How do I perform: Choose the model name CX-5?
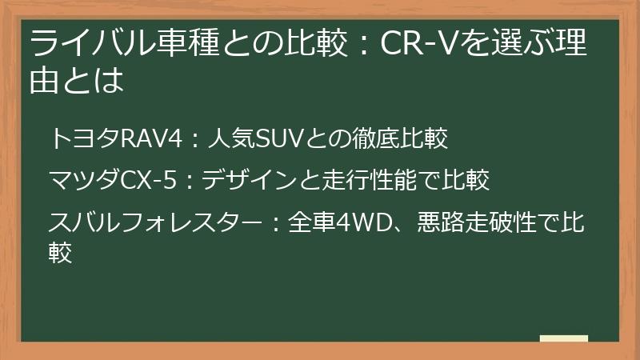146,180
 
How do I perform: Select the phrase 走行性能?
365,180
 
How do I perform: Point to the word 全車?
305,221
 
